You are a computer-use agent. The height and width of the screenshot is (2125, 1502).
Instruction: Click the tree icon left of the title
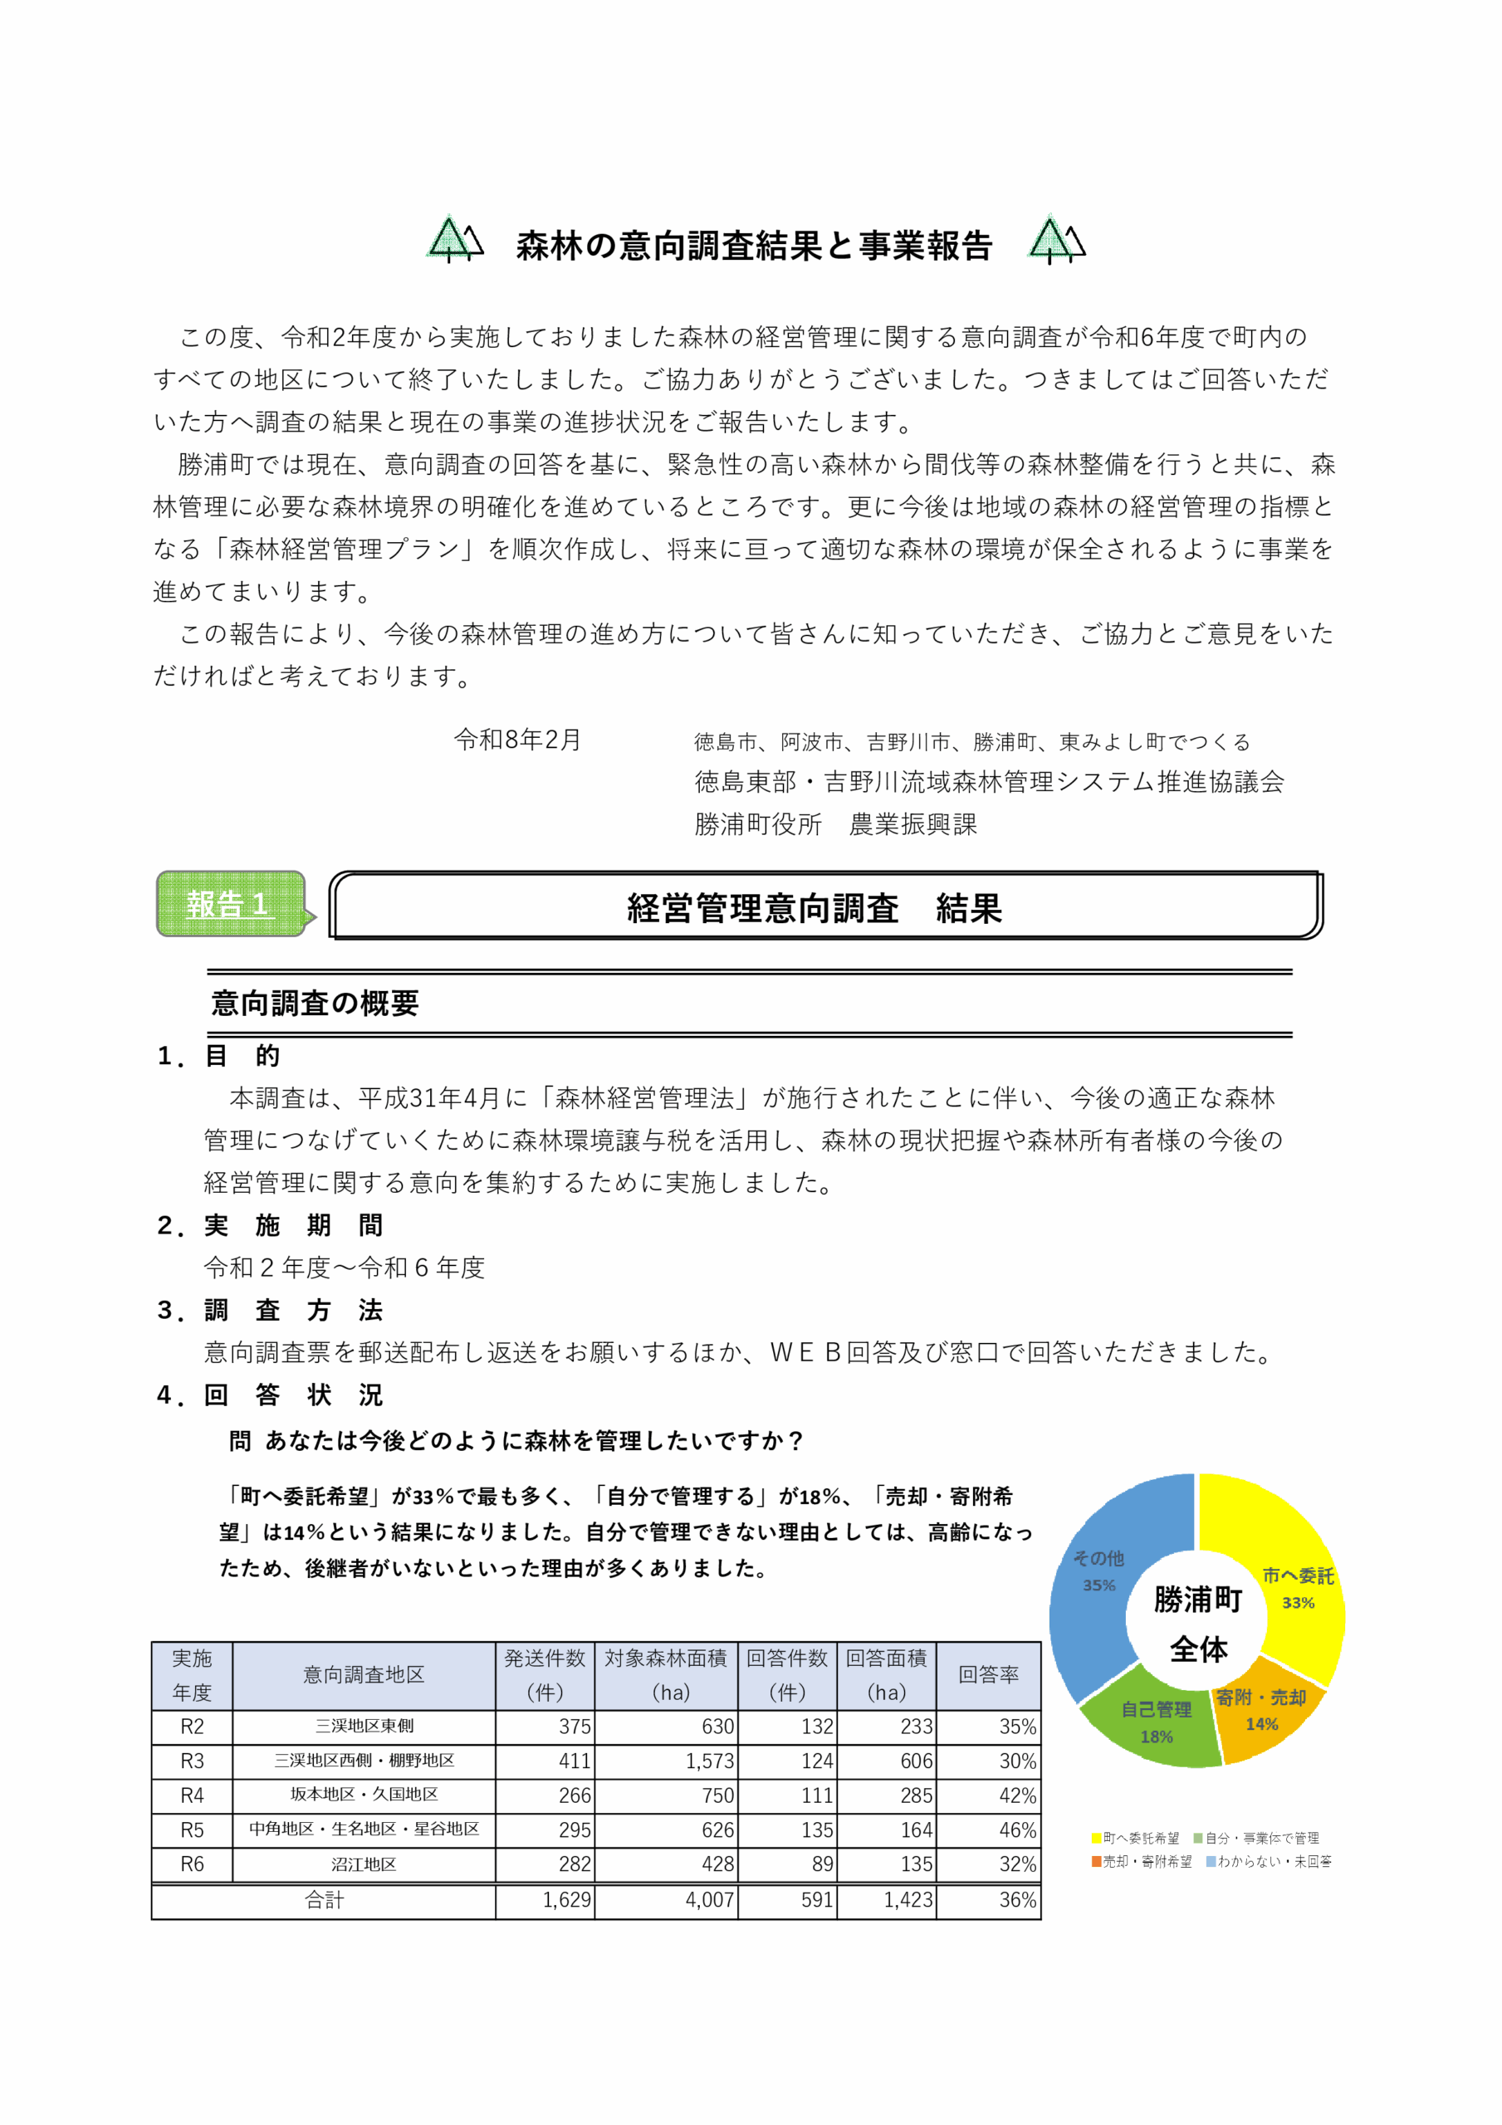[x=453, y=240]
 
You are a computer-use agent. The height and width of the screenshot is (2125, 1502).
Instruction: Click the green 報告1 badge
[x=231, y=903]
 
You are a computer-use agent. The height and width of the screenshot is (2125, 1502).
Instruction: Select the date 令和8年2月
[x=516, y=740]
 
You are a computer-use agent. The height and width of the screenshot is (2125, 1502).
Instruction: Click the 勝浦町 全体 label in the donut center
[x=1197, y=1624]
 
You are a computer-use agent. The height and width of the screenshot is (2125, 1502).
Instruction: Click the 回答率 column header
[x=988, y=1674]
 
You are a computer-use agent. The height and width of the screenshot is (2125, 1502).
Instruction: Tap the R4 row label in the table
[x=192, y=1795]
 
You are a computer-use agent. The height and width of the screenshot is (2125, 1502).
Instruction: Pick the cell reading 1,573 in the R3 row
[x=709, y=1761]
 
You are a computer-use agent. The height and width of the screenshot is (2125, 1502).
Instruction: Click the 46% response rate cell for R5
[x=1017, y=1829]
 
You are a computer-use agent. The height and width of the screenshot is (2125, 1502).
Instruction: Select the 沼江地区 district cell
[x=363, y=1864]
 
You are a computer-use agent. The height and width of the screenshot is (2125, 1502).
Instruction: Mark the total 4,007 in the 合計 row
[x=709, y=1900]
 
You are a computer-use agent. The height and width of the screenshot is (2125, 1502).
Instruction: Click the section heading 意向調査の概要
[x=315, y=1004]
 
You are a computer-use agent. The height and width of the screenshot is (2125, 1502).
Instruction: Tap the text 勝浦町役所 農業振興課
[x=835, y=823]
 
